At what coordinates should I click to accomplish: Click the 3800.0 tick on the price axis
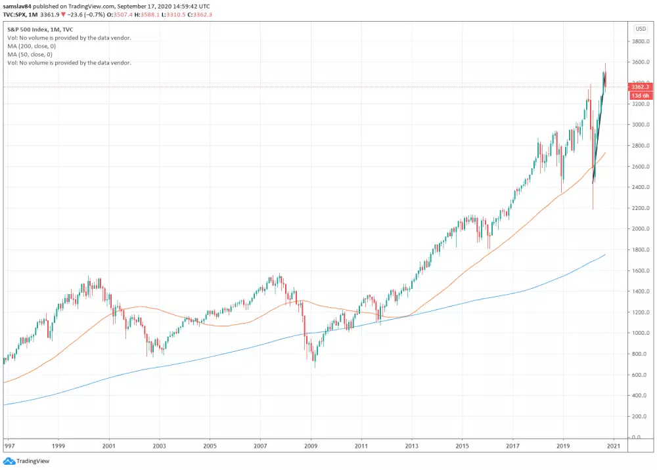tap(640, 41)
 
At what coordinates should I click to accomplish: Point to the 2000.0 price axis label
tap(640, 228)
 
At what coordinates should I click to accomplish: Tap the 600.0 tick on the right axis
tap(640, 375)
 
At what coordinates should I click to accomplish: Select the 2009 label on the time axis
tap(311, 445)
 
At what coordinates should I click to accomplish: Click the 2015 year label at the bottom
tap(462, 445)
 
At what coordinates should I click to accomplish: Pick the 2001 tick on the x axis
tap(108, 445)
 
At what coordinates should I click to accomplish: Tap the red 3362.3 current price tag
tap(640, 87)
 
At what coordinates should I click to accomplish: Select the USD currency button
tap(641, 29)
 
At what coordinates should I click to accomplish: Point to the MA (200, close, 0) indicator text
tap(30, 46)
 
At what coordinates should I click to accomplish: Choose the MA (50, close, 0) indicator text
tap(28, 54)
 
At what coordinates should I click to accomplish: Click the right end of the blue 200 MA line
tap(605, 254)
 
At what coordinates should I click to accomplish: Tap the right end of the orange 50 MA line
tap(605, 153)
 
